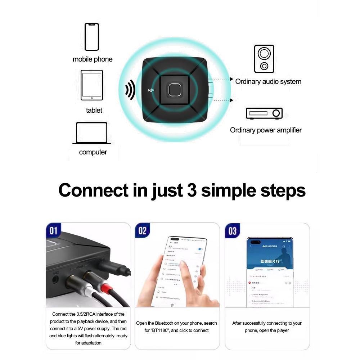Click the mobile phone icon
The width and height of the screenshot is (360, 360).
pyautogui.click(x=91, y=37)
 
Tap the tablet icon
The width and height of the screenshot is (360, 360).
pyautogui.click(x=91, y=85)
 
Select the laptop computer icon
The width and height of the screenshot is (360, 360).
pyautogui.click(x=91, y=133)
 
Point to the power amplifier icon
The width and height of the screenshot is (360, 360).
pyautogui.click(x=264, y=113)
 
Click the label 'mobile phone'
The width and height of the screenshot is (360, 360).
pyautogui.click(x=93, y=59)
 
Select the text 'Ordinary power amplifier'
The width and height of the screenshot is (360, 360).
pyautogui.click(x=266, y=130)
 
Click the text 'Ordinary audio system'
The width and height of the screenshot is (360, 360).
pyautogui.click(x=268, y=82)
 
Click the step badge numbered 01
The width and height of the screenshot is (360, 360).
pyautogui.click(x=54, y=231)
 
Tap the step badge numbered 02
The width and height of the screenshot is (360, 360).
pyautogui.click(x=143, y=231)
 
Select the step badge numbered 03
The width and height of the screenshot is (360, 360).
pyautogui.click(x=232, y=231)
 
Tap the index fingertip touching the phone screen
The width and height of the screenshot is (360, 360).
pyautogui.click(x=184, y=265)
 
